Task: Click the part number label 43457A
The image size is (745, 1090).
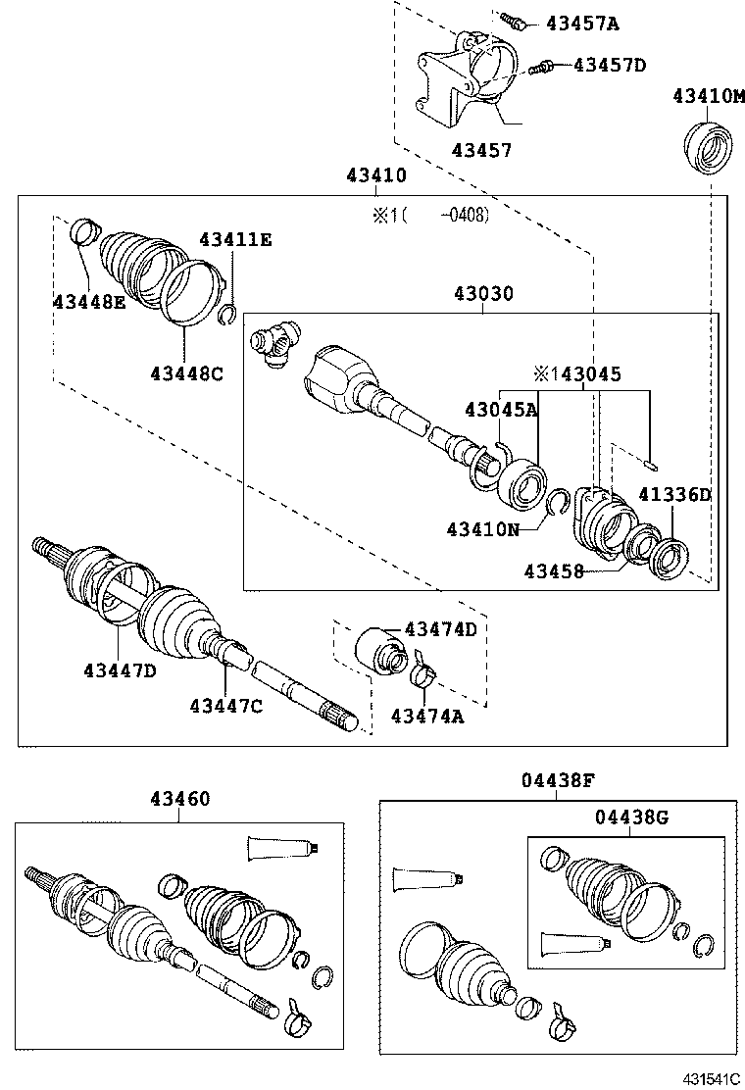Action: pyautogui.click(x=582, y=23)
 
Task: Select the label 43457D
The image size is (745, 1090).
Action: pyautogui.click(x=610, y=65)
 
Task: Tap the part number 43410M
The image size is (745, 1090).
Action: pyautogui.click(x=708, y=96)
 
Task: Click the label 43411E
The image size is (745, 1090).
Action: pyautogui.click(x=235, y=239)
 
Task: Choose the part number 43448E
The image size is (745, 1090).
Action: pyautogui.click(x=89, y=302)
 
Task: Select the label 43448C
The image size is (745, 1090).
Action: pyautogui.click(x=186, y=372)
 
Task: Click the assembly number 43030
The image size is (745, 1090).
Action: pyautogui.click(x=482, y=293)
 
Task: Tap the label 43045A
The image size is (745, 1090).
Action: pyautogui.click(x=501, y=410)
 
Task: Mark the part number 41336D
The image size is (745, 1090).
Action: pyautogui.click(x=674, y=495)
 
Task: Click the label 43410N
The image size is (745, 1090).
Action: pyautogui.click(x=483, y=529)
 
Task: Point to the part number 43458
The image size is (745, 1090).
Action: pyautogui.click(x=553, y=570)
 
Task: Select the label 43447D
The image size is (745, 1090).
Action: pyautogui.click(x=120, y=670)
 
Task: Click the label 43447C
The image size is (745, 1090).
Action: pyautogui.click(x=225, y=705)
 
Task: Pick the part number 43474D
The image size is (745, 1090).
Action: pyautogui.click(x=440, y=629)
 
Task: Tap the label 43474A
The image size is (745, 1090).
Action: pyautogui.click(x=426, y=717)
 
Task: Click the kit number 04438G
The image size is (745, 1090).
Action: pyautogui.click(x=630, y=817)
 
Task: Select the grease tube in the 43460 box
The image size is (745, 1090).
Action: pyautogui.click(x=283, y=848)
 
